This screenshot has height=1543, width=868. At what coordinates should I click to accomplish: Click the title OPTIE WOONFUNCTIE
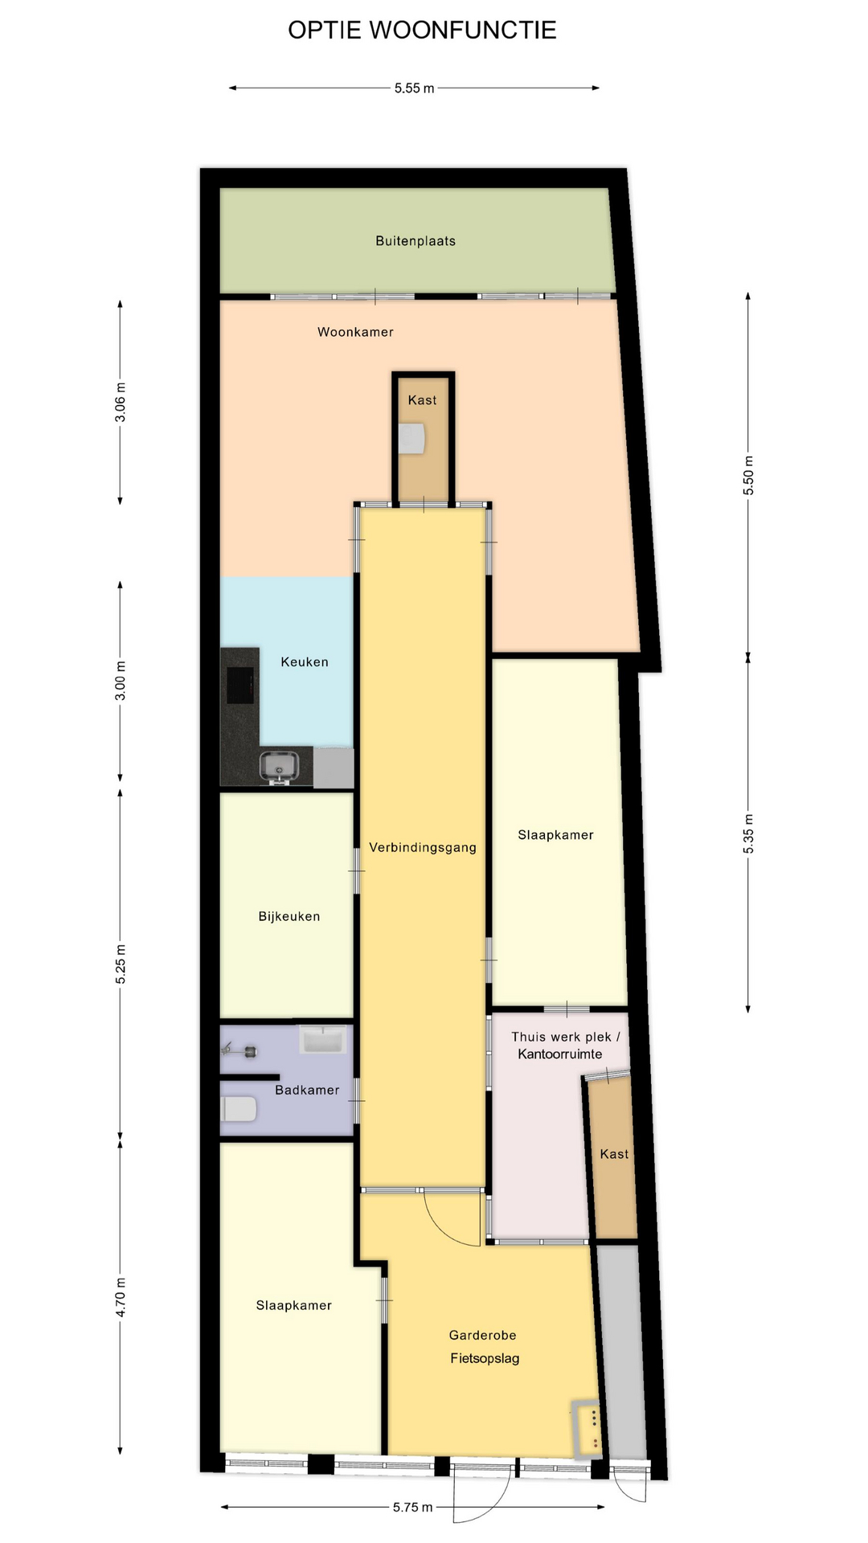coord(422,31)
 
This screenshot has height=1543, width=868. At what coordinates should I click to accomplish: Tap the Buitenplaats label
coord(416,241)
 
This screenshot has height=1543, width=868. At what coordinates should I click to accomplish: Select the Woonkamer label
coord(355,332)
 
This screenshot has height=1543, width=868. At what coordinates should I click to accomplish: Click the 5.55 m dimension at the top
coord(414,88)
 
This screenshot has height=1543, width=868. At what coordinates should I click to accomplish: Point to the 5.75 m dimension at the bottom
coord(412,1508)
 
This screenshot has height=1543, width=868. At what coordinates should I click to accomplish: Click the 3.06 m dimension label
coord(121,402)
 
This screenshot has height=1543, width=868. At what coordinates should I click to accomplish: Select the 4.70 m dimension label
coord(121,1297)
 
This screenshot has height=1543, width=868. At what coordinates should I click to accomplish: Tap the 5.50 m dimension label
coord(748,475)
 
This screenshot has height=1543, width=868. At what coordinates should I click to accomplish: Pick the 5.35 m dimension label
coord(748,833)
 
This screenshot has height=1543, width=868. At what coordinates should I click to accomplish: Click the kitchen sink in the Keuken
coord(279,767)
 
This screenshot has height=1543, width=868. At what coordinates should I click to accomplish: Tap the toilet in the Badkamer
coord(238,1110)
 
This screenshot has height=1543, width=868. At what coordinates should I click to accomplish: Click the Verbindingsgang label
coord(423,847)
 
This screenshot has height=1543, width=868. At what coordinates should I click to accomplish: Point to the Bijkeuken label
coord(289,916)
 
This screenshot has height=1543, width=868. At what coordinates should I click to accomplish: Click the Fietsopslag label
coord(485,1358)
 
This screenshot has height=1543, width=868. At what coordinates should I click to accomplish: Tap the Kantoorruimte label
coord(559,1054)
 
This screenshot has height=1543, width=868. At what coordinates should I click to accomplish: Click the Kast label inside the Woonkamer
coord(423,400)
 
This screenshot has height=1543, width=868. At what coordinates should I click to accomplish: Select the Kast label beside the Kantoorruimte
coord(615,1154)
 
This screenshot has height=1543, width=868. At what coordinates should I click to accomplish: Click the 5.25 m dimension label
coord(121,964)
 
